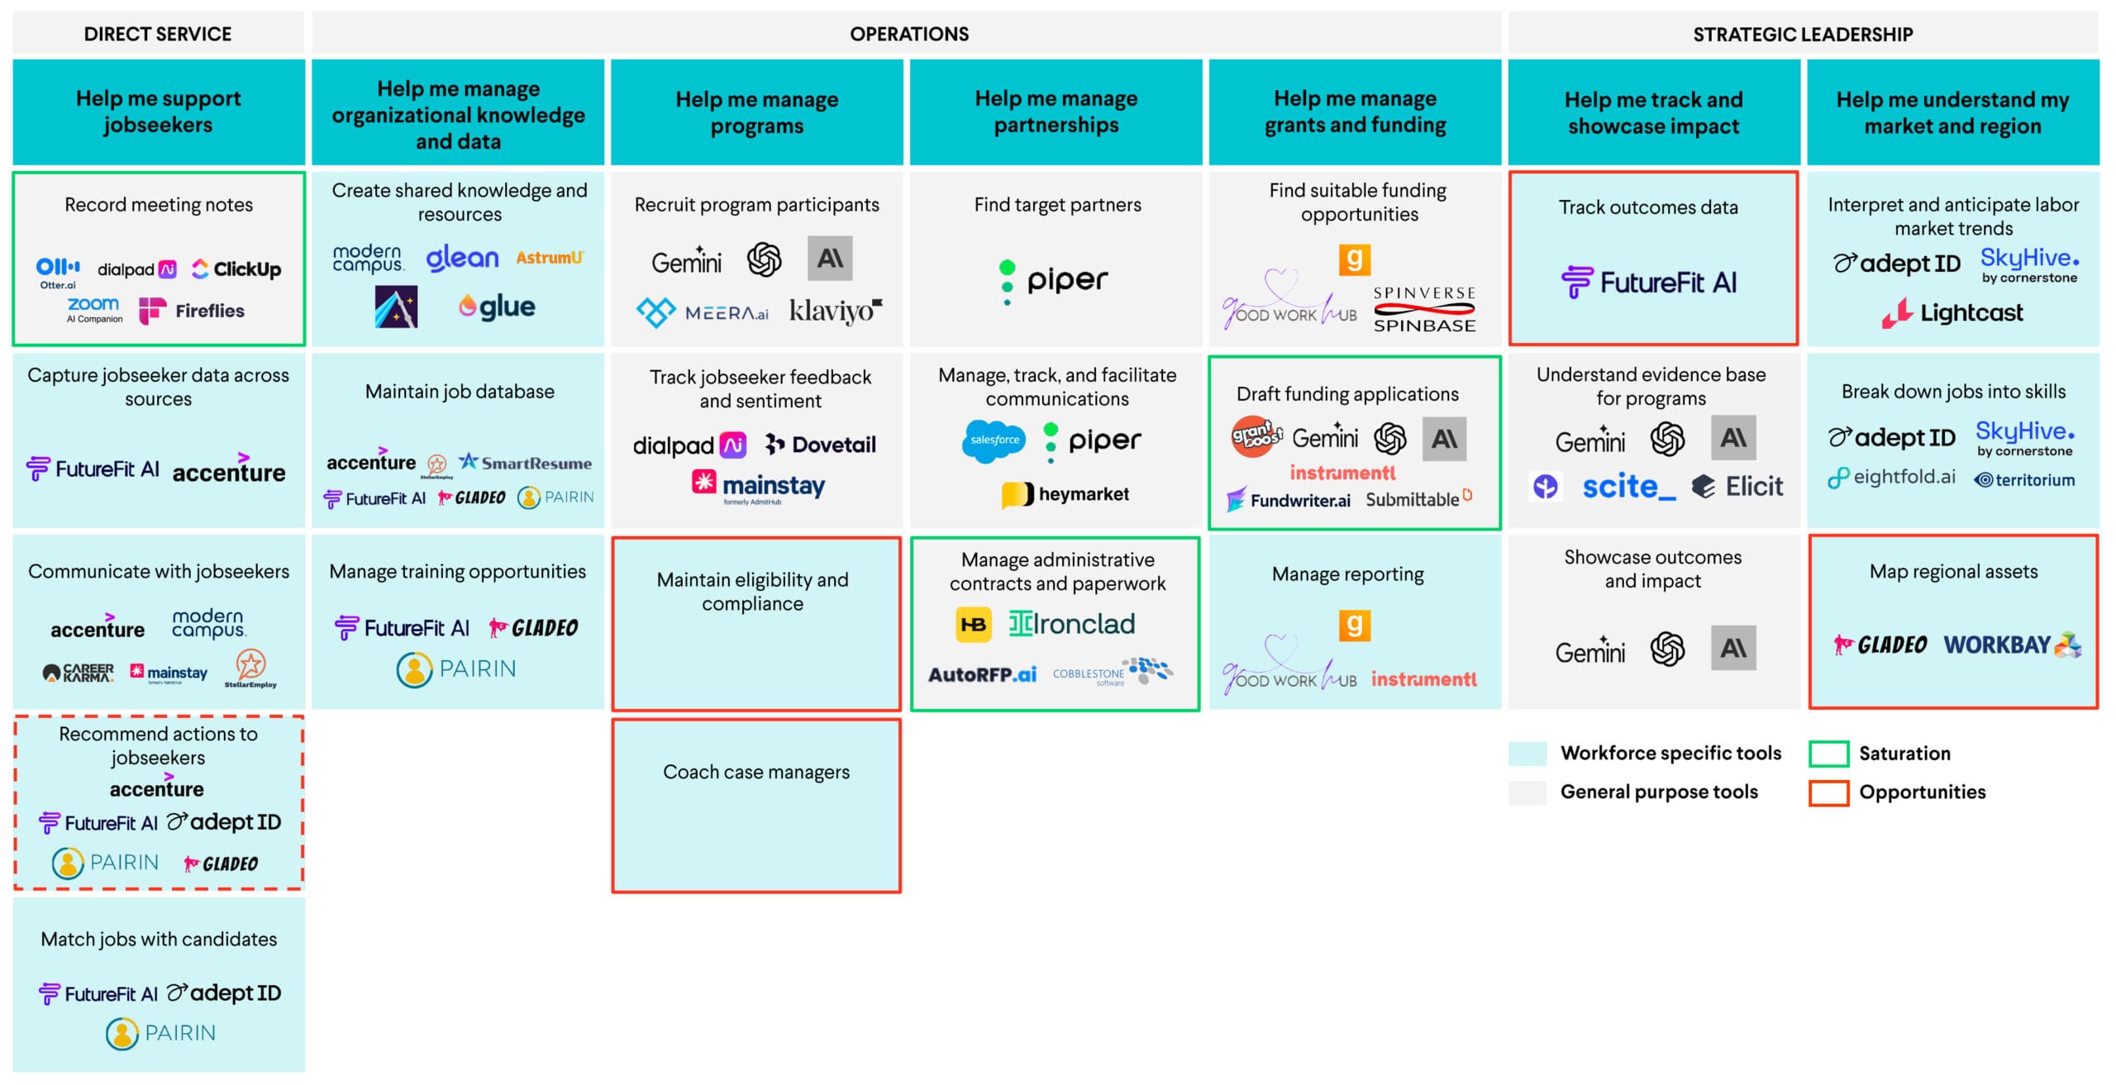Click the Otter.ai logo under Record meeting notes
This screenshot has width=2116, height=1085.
[x=58, y=272]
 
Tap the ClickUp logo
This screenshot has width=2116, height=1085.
[x=236, y=269]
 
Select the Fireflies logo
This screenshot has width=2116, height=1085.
[x=192, y=312]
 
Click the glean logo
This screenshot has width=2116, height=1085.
[x=462, y=259]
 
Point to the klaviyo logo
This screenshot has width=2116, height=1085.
[x=835, y=312]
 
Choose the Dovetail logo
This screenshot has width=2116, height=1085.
[x=820, y=445]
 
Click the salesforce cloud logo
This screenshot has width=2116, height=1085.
[x=994, y=440]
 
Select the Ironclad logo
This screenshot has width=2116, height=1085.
[x=1071, y=624]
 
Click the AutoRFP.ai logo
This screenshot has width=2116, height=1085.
[x=982, y=675]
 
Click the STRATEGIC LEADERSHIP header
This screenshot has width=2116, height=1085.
[x=1802, y=34]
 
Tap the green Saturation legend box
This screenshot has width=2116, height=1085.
[x=1828, y=754]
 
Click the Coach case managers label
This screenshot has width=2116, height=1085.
[x=755, y=772]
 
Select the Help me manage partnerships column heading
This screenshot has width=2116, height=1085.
[x=1056, y=112]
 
